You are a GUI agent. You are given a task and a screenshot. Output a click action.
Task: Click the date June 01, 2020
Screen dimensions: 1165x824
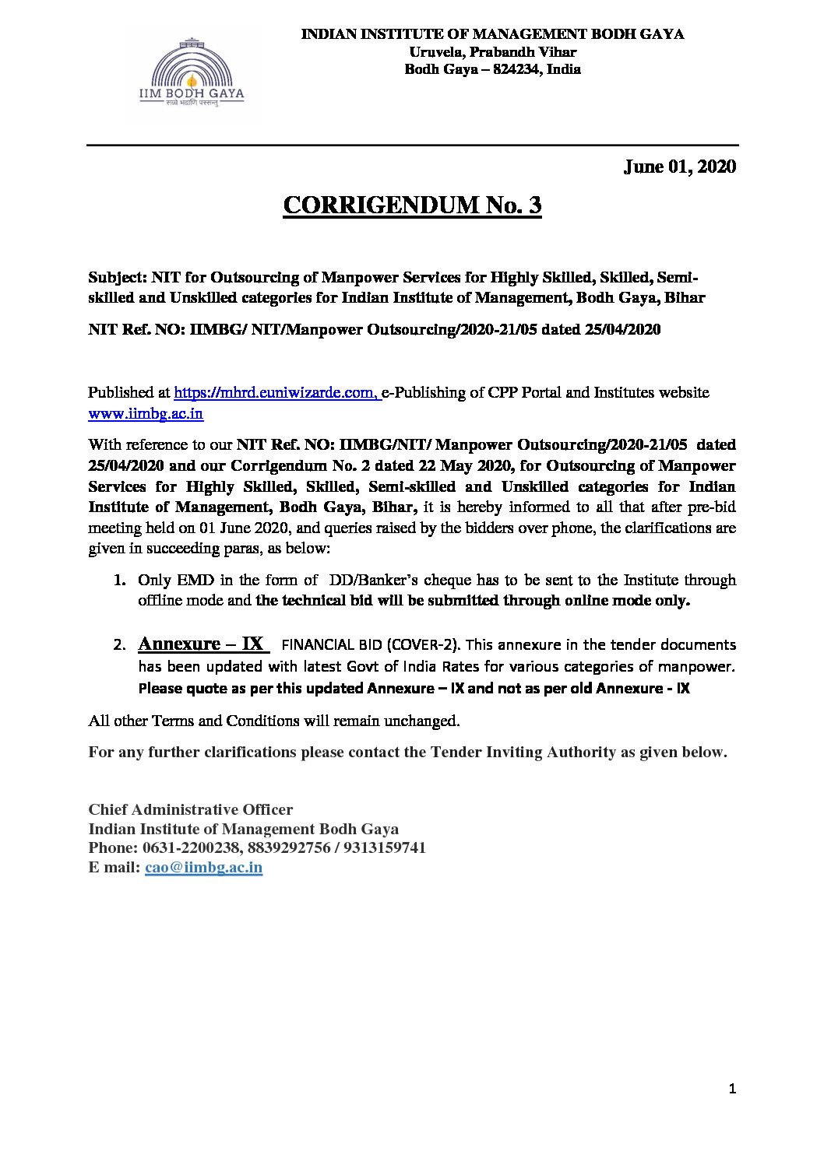click(679, 167)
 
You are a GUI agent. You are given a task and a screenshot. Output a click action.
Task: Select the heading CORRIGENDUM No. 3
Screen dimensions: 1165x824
click(411, 205)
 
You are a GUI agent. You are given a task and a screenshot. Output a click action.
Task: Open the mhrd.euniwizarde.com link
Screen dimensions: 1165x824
click(276, 393)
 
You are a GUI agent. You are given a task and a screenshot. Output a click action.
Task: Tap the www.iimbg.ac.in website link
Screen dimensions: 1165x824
click(146, 414)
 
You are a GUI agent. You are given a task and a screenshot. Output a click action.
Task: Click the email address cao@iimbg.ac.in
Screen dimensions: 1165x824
click(203, 868)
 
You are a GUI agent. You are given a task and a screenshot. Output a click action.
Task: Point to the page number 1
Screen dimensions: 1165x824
click(732, 1089)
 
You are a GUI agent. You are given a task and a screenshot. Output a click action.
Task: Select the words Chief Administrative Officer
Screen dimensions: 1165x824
click(190, 809)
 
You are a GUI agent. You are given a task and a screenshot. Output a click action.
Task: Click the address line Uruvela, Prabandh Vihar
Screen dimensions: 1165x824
click(492, 51)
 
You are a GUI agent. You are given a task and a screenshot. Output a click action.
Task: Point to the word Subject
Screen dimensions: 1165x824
click(117, 277)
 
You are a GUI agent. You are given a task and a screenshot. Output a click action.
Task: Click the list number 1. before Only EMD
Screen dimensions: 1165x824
click(119, 581)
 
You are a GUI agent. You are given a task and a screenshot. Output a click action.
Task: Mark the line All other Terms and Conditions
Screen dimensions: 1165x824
click(274, 721)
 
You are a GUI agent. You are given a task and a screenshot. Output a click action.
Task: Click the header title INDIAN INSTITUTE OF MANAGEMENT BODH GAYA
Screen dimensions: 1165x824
click(492, 34)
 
